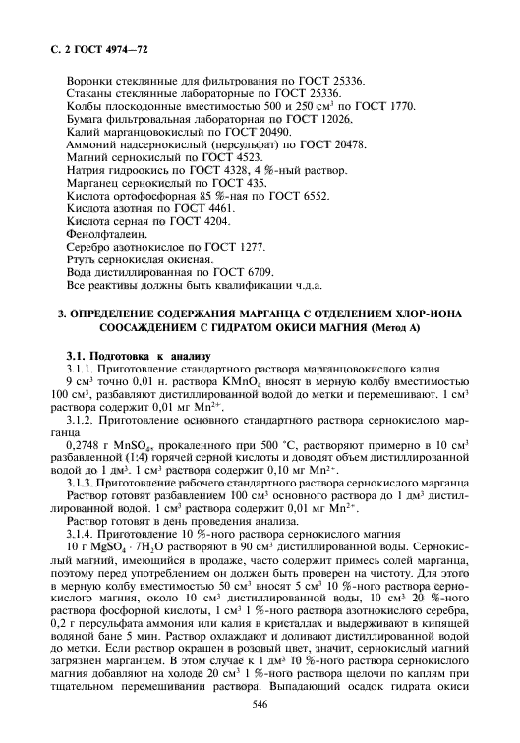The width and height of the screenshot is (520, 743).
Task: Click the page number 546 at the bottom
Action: (260, 703)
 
